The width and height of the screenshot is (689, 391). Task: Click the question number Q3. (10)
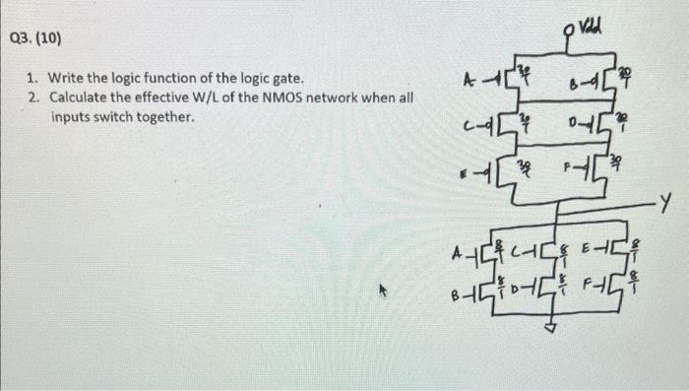(x=35, y=39)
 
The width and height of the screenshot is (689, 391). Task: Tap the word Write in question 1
(x=68, y=77)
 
